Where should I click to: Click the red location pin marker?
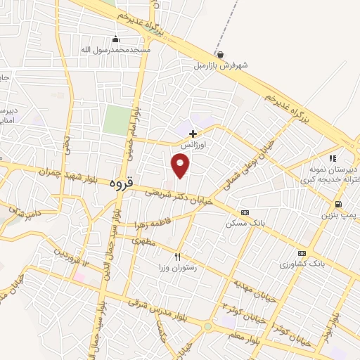[181, 165]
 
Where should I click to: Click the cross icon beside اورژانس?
[193, 133]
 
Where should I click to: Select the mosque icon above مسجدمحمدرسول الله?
[116, 39]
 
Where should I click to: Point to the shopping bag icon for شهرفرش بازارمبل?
[221, 54]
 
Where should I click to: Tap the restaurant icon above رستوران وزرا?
[178, 257]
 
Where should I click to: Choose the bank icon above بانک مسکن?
[245, 212]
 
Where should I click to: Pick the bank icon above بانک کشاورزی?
[302, 253]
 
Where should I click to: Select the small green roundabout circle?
[207, 326]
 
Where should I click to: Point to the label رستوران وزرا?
[178, 268]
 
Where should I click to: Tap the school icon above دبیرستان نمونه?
[333, 159]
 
